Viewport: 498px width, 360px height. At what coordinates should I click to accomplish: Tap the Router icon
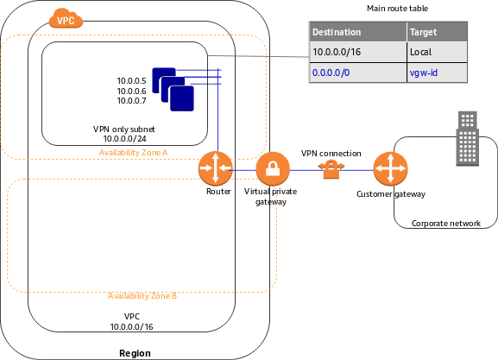pos(217,167)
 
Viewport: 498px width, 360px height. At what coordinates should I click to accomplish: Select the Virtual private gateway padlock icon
pos(272,167)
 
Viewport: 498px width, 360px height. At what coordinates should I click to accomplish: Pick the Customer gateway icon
pos(391,167)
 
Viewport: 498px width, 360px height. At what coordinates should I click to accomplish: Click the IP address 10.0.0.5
pos(132,81)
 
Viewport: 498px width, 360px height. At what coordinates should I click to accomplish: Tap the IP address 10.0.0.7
pos(132,102)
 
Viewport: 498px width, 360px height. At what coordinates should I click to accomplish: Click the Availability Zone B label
pos(142,295)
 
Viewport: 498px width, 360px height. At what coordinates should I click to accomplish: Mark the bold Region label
pos(134,352)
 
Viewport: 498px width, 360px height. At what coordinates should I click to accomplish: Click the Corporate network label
pos(445,223)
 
